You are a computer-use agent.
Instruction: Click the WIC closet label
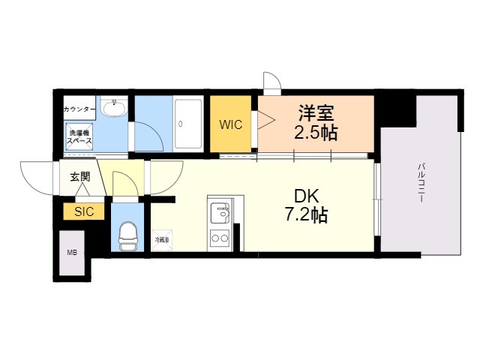(x=231, y=124)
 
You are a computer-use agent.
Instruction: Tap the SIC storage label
(x=84, y=211)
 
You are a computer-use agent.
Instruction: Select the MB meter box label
(x=72, y=253)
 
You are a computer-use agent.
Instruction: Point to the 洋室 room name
(x=316, y=113)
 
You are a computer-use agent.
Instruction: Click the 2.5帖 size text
(x=316, y=133)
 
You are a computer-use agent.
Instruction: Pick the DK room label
(x=307, y=196)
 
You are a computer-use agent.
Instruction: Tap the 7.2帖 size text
(x=307, y=214)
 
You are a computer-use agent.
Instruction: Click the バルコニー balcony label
(x=421, y=183)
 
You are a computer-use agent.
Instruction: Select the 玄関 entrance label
(x=80, y=177)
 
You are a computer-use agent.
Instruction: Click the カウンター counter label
(x=79, y=109)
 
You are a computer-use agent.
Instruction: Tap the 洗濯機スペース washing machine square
(x=79, y=136)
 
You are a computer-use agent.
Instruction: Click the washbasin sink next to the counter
(x=115, y=107)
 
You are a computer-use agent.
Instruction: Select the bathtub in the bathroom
(x=188, y=124)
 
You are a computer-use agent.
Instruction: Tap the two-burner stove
(x=220, y=238)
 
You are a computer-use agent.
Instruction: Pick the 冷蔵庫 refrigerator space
(x=162, y=240)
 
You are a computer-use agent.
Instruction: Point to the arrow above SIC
(x=82, y=190)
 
